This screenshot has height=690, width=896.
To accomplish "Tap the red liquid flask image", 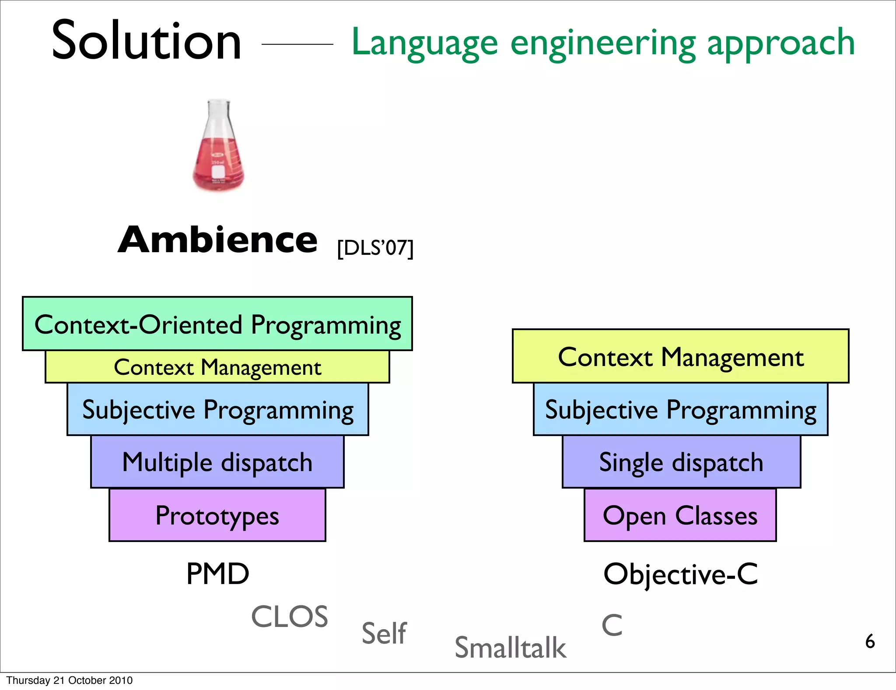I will click(x=218, y=147).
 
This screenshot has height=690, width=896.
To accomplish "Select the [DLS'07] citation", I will click(x=375, y=248).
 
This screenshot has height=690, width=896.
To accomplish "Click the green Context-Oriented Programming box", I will click(x=217, y=324).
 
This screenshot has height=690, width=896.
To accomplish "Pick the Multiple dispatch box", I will click(x=217, y=462).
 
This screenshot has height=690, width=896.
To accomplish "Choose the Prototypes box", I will click(x=217, y=515).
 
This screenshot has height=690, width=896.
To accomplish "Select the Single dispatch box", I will click(x=681, y=462).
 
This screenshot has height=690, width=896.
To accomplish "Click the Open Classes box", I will click(x=680, y=515).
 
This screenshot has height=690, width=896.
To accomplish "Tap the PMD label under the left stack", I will click(x=217, y=574).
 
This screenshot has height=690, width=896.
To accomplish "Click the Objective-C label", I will click(x=680, y=574).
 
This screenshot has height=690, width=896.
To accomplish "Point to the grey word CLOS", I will click(x=289, y=616).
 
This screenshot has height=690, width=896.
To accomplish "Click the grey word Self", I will click(x=384, y=633).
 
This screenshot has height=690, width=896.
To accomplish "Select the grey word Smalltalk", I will click(x=510, y=648).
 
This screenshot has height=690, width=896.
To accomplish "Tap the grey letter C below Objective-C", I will click(x=612, y=625).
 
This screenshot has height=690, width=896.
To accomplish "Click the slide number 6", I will click(x=870, y=641).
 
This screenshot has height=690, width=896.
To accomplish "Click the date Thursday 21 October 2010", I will click(x=69, y=680).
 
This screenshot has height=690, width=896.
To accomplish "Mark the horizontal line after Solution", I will click(x=297, y=44).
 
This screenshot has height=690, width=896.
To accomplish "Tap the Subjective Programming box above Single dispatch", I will click(x=680, y=409).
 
